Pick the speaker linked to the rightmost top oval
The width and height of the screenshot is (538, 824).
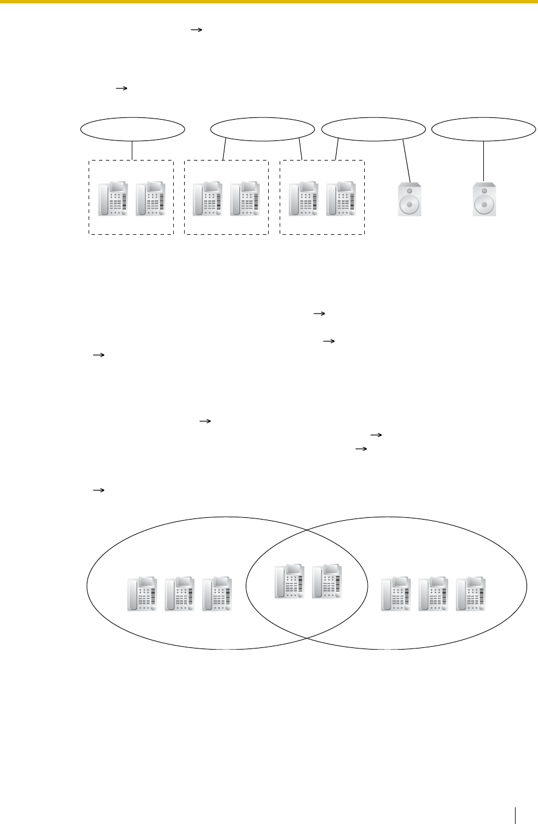[484, 199]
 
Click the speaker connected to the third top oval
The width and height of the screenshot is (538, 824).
[410, 199]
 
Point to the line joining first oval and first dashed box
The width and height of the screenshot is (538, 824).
[132, 150]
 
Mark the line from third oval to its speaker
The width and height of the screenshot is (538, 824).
[407, 161]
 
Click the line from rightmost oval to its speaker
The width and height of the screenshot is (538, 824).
[484, 161]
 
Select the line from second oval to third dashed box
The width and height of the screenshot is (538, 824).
[300, 150]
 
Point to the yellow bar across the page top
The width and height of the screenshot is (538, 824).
[269, 2]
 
